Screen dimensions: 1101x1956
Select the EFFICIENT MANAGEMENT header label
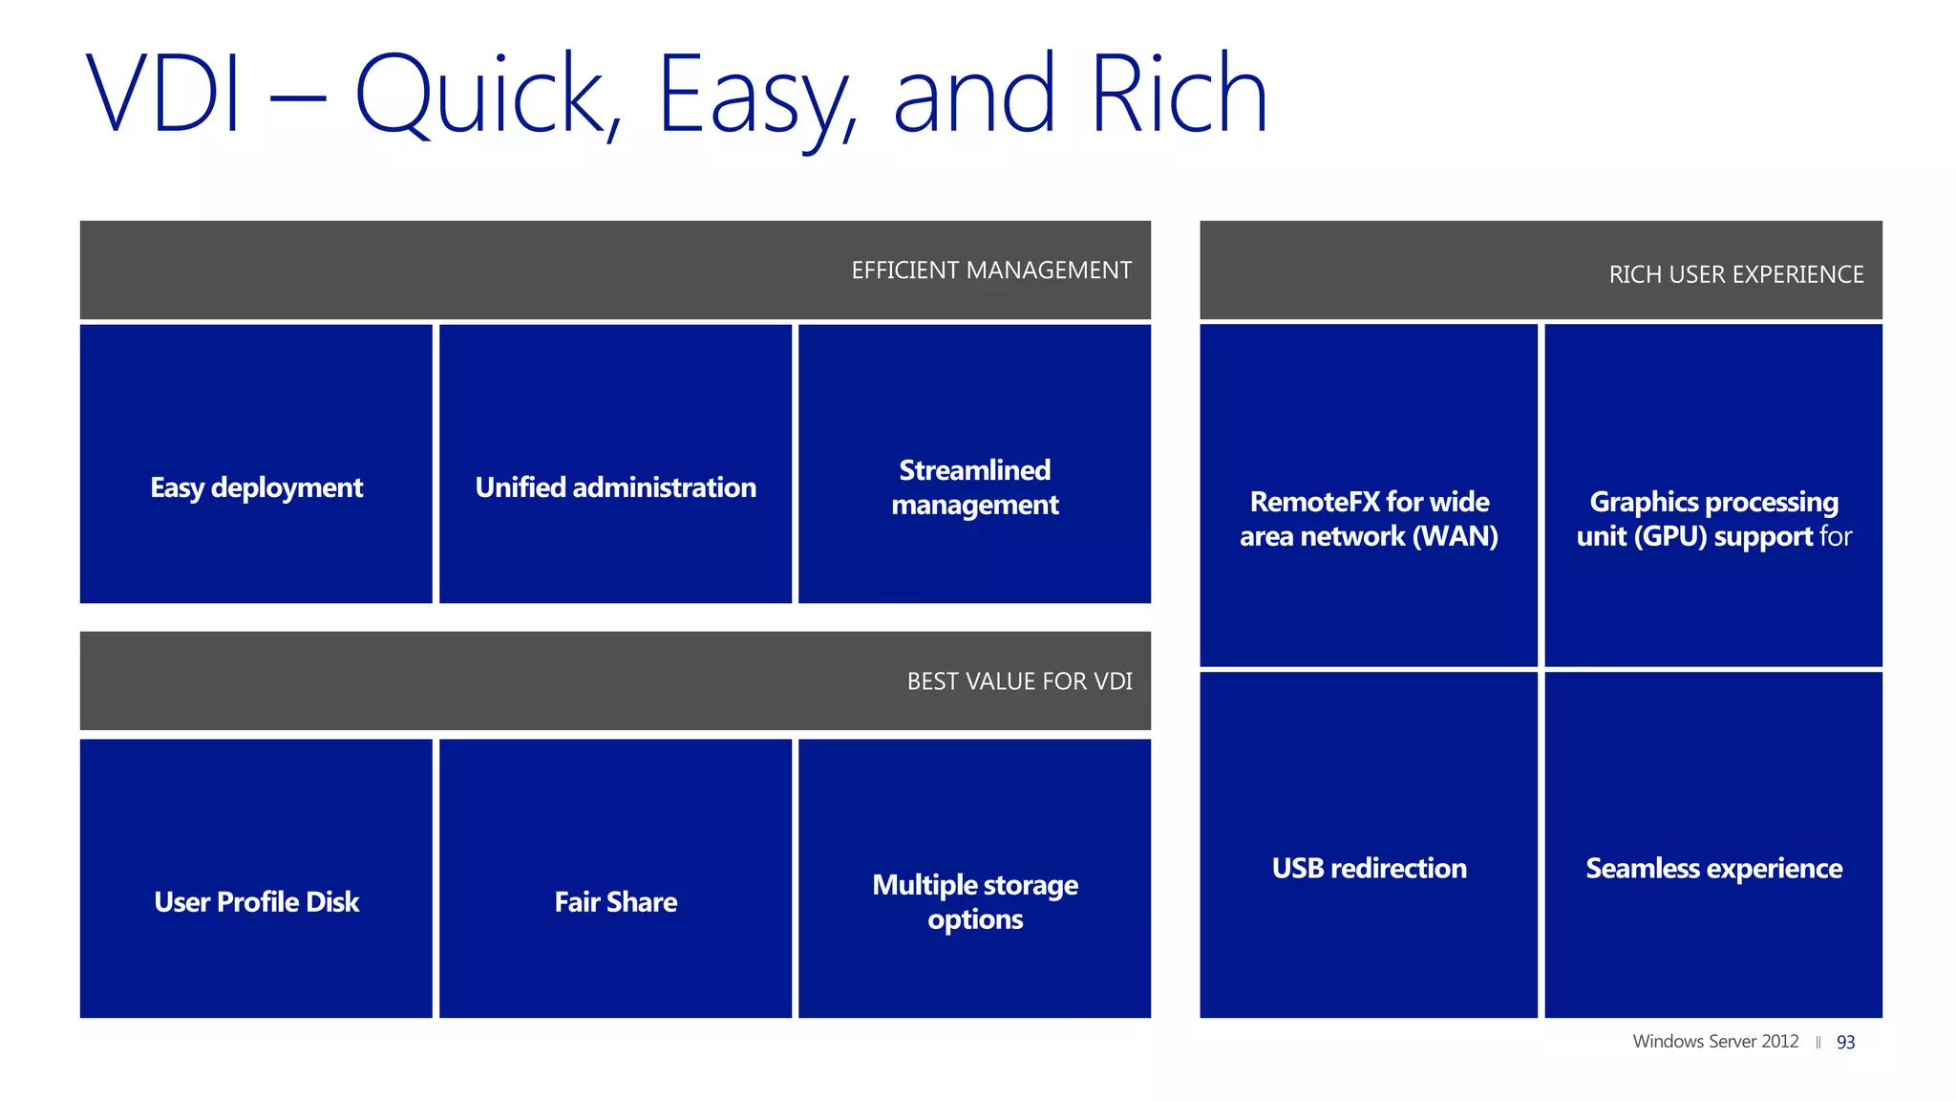click(991, 270)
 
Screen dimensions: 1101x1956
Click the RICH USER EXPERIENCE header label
click(1735, 275)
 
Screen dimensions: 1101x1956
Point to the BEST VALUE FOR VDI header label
click(1019, 681)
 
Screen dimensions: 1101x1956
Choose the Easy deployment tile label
click(256, 487)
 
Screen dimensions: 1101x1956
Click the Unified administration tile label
click(615, 487)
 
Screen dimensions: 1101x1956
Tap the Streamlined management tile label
click(974, 487)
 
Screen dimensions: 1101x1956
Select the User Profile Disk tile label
click(256, 902)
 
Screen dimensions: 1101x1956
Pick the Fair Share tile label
click(615, 902)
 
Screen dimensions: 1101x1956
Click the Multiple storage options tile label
click(974, 901)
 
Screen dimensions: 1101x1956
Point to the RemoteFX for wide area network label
click(1369, 519)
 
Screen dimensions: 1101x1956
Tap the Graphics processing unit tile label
click(1713, 519)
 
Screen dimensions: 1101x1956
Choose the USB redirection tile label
click(1369, 868)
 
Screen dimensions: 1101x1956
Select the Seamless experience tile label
click(1713, 868)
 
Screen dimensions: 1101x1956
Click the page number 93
click(1845, 1043)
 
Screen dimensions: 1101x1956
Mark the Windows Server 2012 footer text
click(1715, 1042)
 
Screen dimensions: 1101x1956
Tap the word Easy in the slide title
click(755, 96)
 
